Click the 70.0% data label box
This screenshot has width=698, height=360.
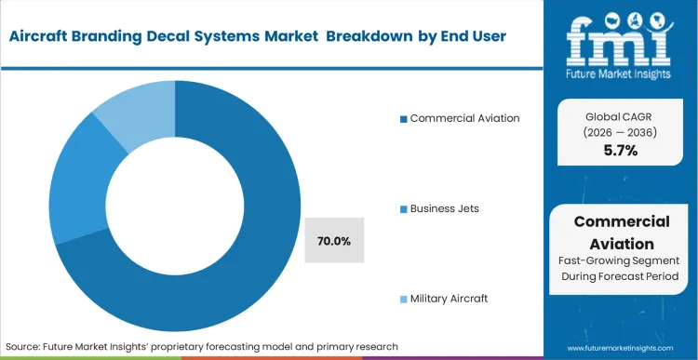click(x=333, y=241)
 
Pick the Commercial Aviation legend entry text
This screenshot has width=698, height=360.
click(x=464, y=118)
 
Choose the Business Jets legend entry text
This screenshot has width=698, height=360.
click(x=445, y=208)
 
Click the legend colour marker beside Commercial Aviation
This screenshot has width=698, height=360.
click(x=403, y=118)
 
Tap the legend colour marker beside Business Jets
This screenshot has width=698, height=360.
click(x=403, y=208)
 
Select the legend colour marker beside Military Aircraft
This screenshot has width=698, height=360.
click(x=403, y=299)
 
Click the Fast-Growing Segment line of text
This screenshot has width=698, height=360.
click(x=622, y=262)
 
